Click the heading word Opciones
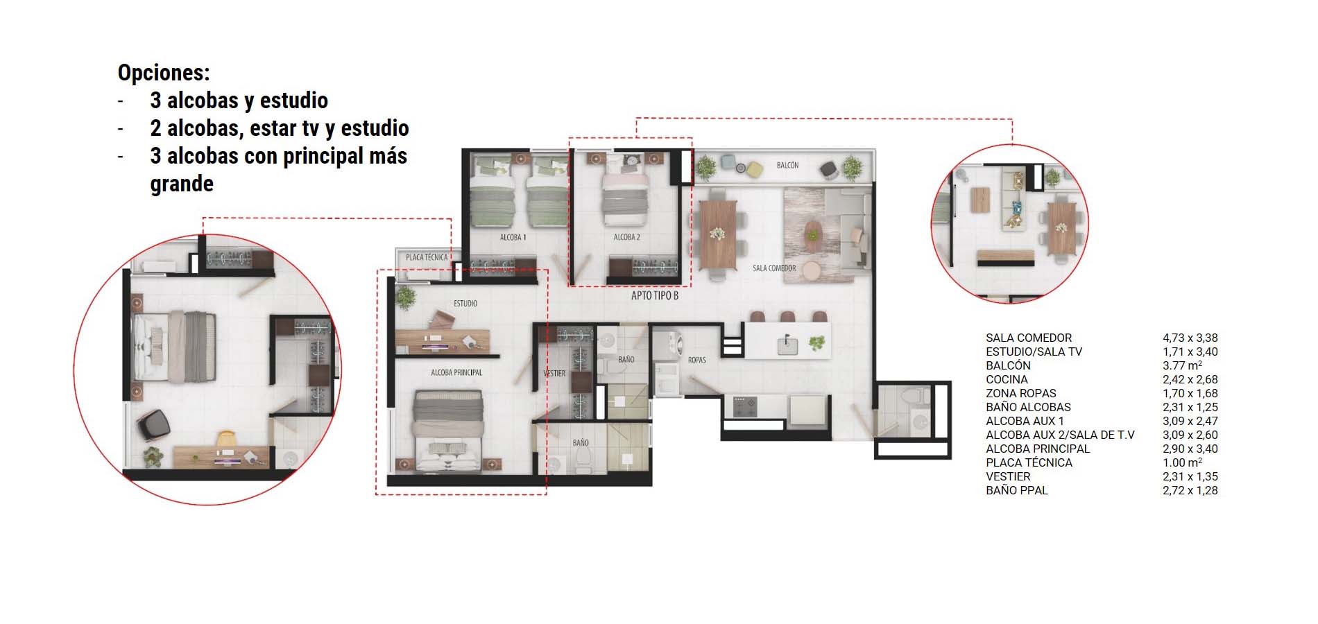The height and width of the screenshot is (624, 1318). pos(163,73)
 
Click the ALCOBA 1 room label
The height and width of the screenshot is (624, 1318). pos(513,237)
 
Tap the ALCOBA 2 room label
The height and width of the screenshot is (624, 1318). pos(626,237)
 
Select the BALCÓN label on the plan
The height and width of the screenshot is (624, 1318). pos(787,165)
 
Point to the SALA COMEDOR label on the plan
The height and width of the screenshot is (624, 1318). pos(774,268)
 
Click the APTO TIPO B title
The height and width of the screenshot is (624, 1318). pos(654,295)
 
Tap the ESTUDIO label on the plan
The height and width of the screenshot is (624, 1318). pos(465,304)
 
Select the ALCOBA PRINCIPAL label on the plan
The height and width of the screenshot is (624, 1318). pos(456,372)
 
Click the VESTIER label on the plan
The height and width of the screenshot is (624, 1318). pos(554,373)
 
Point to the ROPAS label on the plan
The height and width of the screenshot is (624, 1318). pos(696,360)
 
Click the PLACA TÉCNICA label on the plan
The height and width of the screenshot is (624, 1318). pos(427,257)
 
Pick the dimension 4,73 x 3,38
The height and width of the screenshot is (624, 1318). pos(1190,338)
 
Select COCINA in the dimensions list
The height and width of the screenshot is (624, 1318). pos(1007,379)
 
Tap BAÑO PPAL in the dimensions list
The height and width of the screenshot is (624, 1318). pos(1016,490)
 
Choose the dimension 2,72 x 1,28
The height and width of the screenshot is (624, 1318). pos(1190,490)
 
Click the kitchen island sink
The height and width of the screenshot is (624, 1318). pos(787,345)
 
